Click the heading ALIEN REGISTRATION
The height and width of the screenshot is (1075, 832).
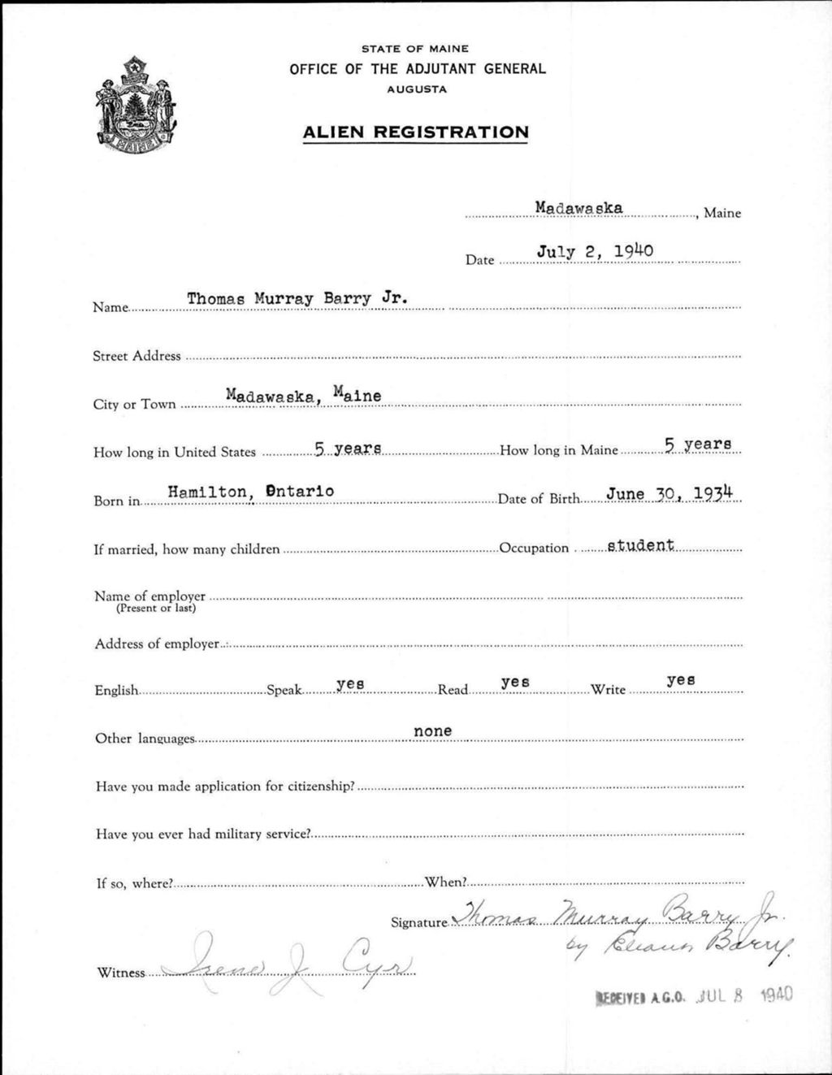(x=415, y=132)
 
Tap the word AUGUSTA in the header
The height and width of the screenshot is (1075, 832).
(x=417, y=89)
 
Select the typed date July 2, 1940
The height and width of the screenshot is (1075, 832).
(x=595, y=251)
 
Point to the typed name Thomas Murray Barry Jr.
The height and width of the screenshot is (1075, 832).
(x=297, y=298)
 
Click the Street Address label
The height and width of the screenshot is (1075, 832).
(x=136, y=356)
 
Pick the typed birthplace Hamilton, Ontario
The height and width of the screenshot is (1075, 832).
(x=250, y=491)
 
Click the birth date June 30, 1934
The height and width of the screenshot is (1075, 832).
(x=670, y=492)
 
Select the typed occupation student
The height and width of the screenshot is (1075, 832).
(x=641, y=544)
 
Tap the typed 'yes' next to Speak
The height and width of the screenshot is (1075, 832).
(x=350, y=684)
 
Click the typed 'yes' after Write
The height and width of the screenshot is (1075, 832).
(x=680, y=680)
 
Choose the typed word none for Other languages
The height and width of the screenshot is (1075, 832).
(x=432, y=731)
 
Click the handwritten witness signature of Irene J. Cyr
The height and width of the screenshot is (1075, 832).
(x=288, y=960)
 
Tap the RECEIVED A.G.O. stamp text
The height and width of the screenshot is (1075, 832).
(x=643, y=996)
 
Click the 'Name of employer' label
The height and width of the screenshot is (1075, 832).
(x=149, y=596)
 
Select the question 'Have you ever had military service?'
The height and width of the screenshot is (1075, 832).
(x=202, y=834)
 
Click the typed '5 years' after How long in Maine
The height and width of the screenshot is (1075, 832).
(x=698, y=444)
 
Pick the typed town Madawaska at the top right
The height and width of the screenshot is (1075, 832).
(x=578, y=208)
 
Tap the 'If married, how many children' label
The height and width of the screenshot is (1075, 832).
(x=187, y=549)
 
